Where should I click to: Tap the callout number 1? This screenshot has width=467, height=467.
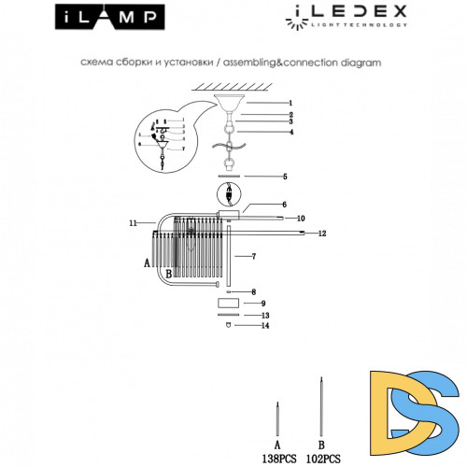290,103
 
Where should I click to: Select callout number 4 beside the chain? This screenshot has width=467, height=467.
290,132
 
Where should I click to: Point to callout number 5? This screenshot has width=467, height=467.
284,176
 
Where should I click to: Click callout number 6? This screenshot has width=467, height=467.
284,205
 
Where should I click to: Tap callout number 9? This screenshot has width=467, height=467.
264,304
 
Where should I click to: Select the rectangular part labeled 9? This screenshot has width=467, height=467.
229,304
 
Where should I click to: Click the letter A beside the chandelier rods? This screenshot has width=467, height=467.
147,264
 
